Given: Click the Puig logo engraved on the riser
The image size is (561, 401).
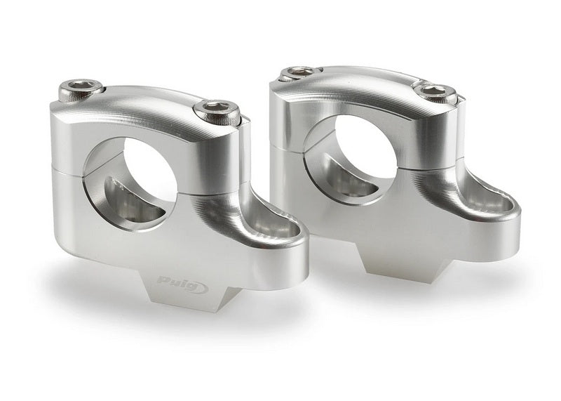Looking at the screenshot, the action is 183,283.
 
